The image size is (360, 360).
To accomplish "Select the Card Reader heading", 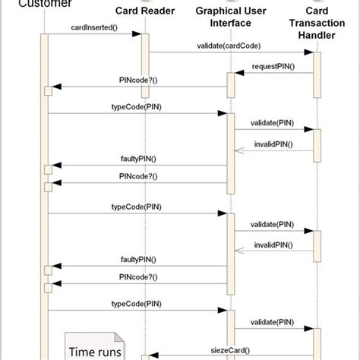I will click(x=145, y=11).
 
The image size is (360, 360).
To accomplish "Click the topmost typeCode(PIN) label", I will click(x=136, y=107).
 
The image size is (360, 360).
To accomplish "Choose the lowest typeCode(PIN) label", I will click(x=136, y=303).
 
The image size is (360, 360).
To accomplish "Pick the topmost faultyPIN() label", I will click(x=138, y=158).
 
